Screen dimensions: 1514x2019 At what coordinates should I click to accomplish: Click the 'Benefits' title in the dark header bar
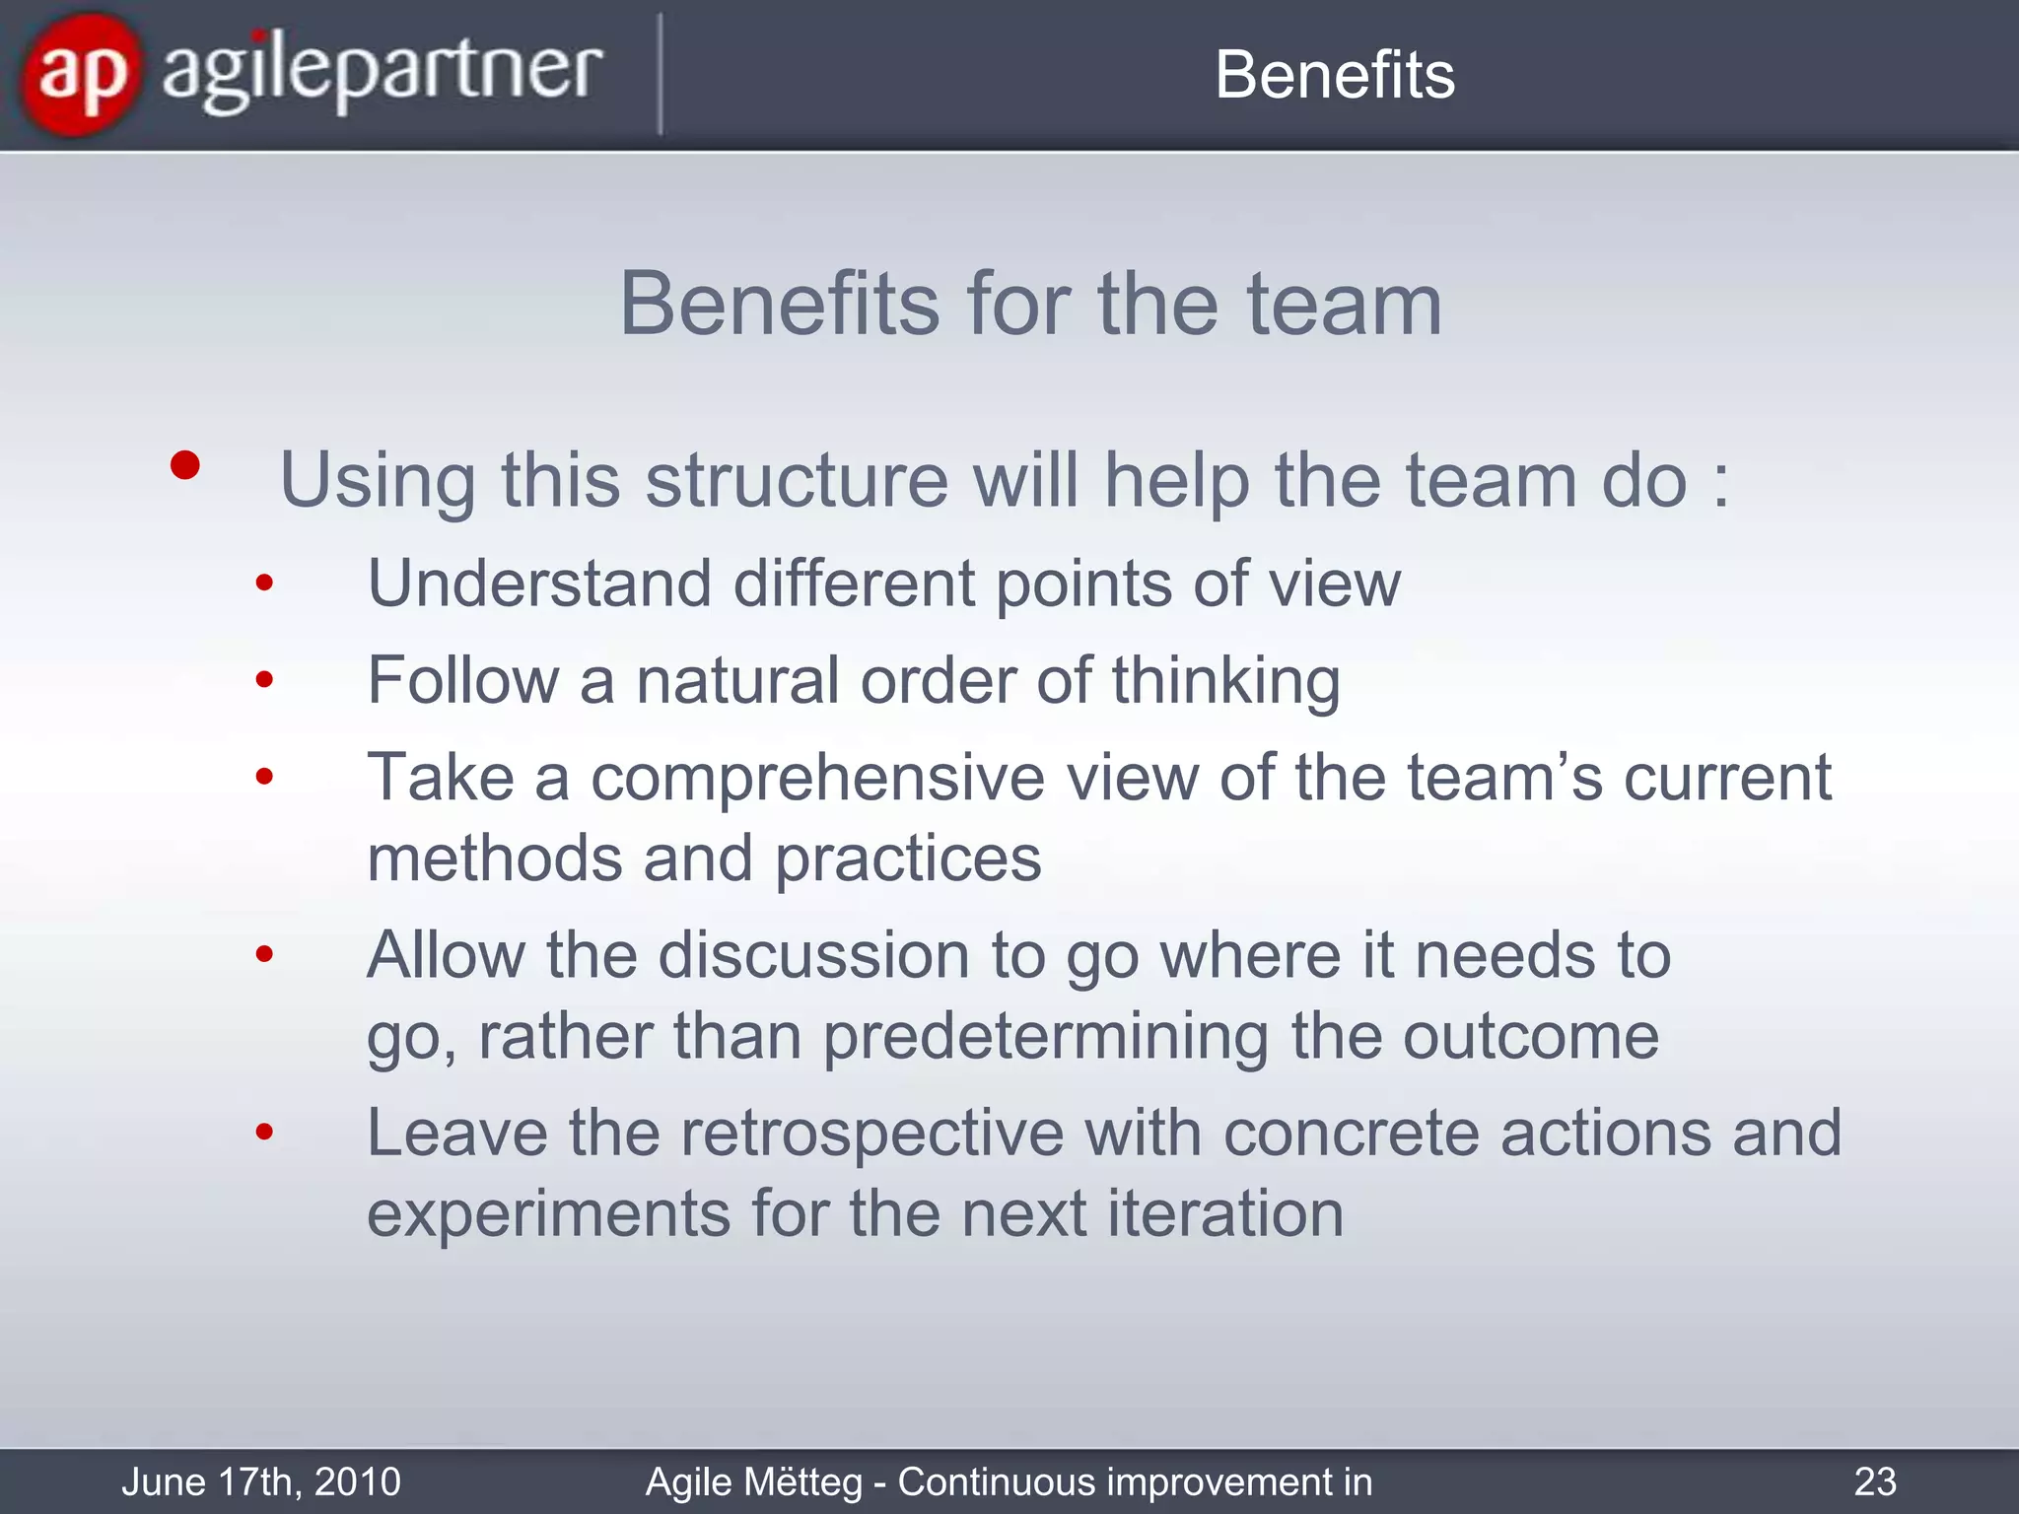pyautogui.click(x=1334, y=75)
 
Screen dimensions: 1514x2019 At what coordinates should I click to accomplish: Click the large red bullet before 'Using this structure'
pyautogui.click(x=184, y=465)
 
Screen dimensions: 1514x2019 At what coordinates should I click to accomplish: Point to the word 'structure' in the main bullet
pyautogui.click(x=797, y=480)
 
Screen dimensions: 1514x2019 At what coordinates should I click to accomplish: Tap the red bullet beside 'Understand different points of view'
pyautogui.click(x=263, y=584)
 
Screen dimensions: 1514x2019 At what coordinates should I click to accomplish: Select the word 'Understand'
pyautogui.click(x=539, y=584)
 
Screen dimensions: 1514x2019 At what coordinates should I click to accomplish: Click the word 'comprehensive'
pyautogui.click(x=816, y=779)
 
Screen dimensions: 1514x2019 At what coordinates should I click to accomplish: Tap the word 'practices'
pyautogui.click(x=907, y=860)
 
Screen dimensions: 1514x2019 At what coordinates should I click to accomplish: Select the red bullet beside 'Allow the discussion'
pyautogui.click(x=263, y=954)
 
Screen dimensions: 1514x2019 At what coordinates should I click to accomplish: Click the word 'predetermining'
pyautogui.click(x=1045, y=1037)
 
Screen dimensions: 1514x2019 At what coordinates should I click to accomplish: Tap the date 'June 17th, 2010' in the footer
pyautogui.click(x=261, y=1481)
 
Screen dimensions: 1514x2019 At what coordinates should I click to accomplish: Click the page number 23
pyautogui.click(x=1874, y=1481)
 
